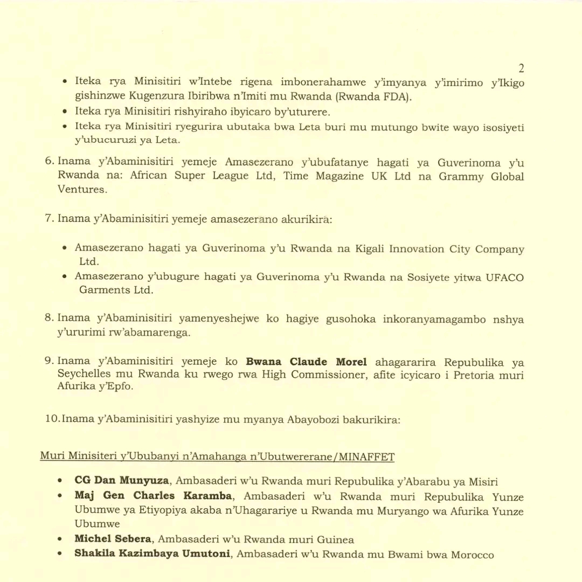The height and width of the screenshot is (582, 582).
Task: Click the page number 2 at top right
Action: [x=521, y=68]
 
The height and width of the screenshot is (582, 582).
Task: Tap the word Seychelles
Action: [x=83, y=375]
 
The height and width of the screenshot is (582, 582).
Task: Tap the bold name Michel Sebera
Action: [x=113, y=539]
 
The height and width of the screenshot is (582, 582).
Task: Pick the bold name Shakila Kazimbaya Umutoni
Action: [x=153, y=554]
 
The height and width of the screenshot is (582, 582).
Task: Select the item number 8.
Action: [x=48, y=318]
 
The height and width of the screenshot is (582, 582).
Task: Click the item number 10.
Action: [x=52, y=419]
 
